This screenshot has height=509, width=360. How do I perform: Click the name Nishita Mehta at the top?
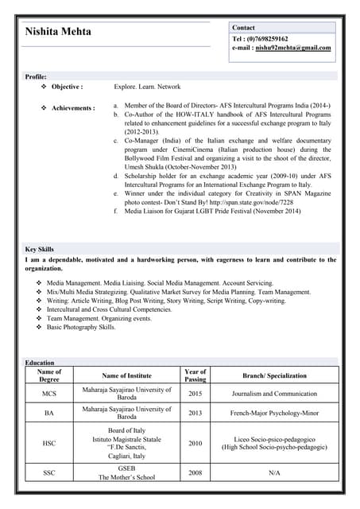[x=58, y=32]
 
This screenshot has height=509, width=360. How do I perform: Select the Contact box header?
[x=243, y=27]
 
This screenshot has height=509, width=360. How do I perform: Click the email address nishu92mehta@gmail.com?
[x=292, y=48]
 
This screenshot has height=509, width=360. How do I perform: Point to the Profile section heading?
[x=37, y=76]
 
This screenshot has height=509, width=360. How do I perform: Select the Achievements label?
[x=73, y=107]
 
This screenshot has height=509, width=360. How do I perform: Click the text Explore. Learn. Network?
[x=147, y=87]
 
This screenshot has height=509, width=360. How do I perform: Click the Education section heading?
[x=40, y=363]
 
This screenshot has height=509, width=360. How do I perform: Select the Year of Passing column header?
[x=195, y=375]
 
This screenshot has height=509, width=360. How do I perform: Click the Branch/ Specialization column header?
[x=274, y=375]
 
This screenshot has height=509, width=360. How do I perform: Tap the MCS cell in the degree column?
[x=49, y=394]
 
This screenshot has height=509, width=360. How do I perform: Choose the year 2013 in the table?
[x=195, y=413]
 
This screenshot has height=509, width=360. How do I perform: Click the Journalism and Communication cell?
[x=274, y=394]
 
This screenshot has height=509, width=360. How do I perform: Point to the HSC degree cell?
[x=49, y=444]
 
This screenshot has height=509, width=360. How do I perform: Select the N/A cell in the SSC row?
[x=274, y=473]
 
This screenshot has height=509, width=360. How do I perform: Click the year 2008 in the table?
[x=195, y=473]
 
